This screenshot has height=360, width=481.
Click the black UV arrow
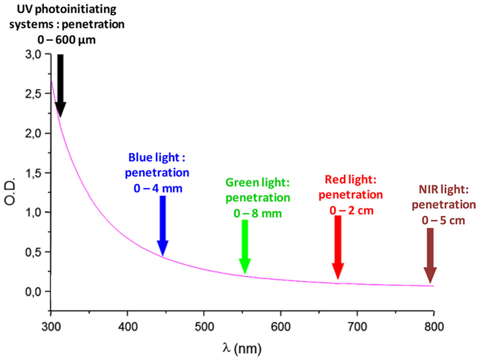click(60, 85)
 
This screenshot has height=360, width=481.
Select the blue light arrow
click(163, 225)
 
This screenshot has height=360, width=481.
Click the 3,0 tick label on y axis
click(33, 54)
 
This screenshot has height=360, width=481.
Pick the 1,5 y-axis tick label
click(33, 173)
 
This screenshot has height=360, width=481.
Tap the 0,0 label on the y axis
click(33, 292)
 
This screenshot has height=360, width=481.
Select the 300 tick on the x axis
click(51, 327)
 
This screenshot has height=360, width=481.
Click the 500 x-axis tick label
click(204, 327)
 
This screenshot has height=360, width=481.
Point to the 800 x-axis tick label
click(434, 327)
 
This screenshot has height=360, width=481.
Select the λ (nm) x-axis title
click(242, 348)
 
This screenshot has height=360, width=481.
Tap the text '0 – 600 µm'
click(66, 40)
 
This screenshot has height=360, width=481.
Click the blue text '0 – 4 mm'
click(158, 188)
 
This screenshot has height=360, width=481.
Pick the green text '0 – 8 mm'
click(258, 213)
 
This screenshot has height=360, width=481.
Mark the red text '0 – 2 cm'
click(351, 211)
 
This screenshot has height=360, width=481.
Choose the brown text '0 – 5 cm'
click(443, 220)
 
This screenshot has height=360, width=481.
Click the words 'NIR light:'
click(444, 189)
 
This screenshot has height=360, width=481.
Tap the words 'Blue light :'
click(157, 157)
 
